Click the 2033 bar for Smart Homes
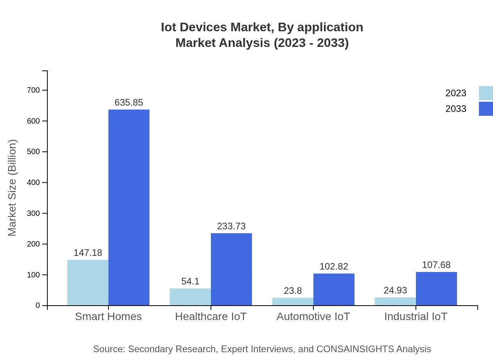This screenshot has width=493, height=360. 129,207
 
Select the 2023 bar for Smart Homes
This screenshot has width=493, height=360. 88,283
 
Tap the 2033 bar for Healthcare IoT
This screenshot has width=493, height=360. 231,269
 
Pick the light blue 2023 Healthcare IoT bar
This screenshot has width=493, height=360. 190,297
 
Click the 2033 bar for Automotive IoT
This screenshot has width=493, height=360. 334,290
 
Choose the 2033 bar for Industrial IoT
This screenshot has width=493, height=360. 436,289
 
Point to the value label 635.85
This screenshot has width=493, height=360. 129,103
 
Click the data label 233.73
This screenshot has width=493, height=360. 231,226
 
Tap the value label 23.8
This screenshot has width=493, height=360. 293,291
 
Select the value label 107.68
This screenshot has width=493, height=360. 436,265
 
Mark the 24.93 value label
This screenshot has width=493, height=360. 395,290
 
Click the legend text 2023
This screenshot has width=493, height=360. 456,93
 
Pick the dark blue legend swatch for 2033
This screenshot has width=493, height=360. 486,109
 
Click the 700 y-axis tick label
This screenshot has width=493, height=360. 33,90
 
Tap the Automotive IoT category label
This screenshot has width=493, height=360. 313,317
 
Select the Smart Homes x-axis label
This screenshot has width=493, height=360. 108,317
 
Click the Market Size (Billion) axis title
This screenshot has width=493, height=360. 13,188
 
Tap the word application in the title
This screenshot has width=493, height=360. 330,27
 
